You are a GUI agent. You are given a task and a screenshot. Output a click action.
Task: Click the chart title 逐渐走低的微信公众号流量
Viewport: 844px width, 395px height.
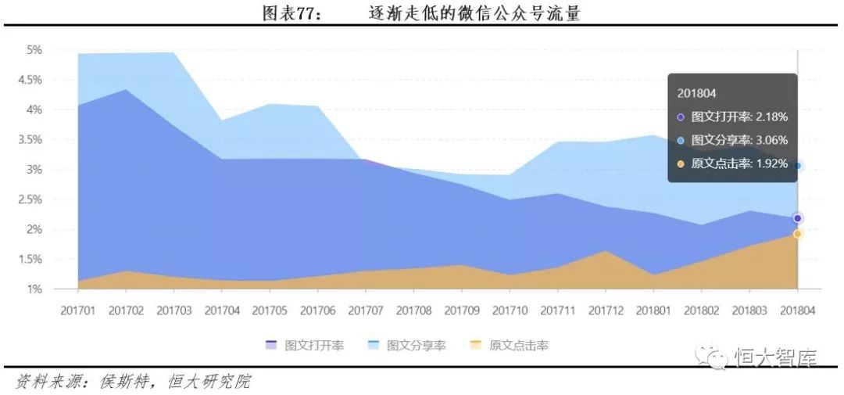[474, 13]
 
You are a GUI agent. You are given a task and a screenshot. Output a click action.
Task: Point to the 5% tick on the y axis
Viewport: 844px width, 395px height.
[34, 50]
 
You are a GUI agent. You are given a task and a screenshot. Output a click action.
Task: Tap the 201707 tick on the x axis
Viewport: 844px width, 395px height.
[365, 311]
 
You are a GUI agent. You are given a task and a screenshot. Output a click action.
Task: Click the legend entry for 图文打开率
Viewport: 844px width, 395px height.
[304, 345]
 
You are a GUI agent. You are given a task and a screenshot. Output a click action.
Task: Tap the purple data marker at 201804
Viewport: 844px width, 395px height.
[797, 218]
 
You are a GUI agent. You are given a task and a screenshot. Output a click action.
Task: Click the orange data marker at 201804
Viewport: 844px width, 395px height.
[797, 234]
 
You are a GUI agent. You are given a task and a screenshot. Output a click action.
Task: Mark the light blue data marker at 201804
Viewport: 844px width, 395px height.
[797, 166]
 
